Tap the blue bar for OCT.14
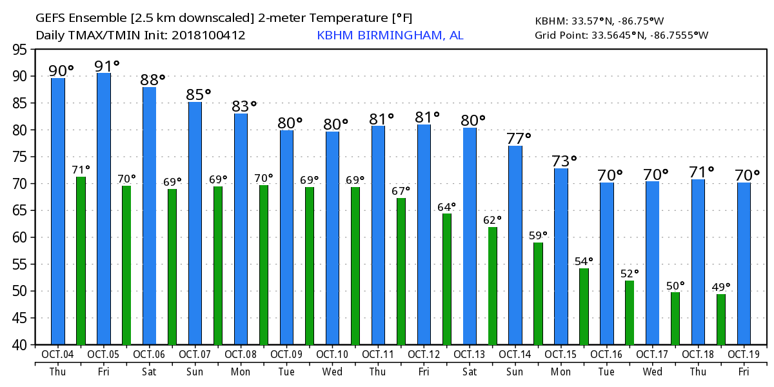(515, 245)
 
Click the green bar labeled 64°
(446, 279)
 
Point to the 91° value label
(107, 66)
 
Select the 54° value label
(584, 261)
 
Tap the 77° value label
(519, 139)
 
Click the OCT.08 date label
(241, 354)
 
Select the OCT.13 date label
(470, 354)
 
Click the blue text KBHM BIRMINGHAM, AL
(390, 35)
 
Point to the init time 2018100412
(208, 35)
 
